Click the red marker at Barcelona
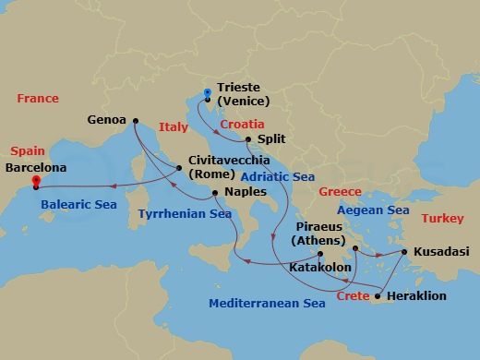click(35, 181)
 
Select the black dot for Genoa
click(136, 120)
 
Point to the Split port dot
click(248, 140)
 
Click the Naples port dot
click(215, 192)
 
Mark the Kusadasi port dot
click(403, 250)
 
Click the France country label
click(37, 99)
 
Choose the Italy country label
click(174, 130)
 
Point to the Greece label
click(340, 192)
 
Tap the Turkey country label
click(442, 219)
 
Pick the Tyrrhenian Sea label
click(185, 214)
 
